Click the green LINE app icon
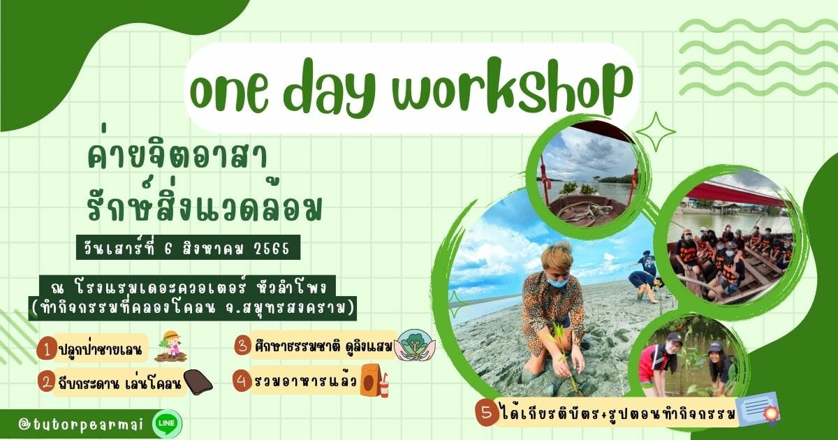(167, 423)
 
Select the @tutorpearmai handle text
(81, 425)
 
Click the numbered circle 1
(47, 349)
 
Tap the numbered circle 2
(47, 383)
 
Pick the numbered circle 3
(242, 345)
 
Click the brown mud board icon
(198, 383)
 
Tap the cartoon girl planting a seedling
(170, 346)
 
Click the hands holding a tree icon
(416, 345)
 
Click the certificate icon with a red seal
(758, 409)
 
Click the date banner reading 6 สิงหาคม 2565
(188, 247)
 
